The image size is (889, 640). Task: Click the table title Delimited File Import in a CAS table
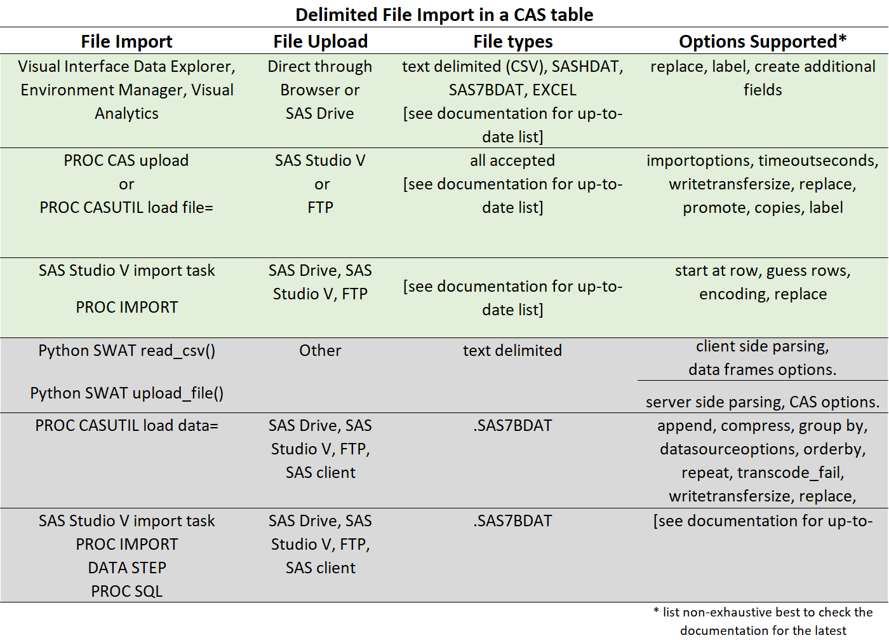click(x=444, y=15)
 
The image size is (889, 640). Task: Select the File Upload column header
click(x=320, y=41)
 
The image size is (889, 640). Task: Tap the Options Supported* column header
click(x=762, y=41)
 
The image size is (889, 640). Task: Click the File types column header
click(x=512, y=41)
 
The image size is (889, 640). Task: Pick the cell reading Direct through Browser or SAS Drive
click(x=320, y=90)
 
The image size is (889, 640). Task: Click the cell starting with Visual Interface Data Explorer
click(x=126, y=90)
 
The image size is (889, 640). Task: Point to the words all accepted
click(x=512, y=160)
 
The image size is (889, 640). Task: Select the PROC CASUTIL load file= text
click(x=126, y=207)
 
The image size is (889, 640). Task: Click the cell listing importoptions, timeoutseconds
click(x=762, y=184)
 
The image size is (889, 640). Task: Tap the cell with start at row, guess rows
click(x=762, y=282)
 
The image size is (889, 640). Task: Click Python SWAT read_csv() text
click(x=126, y=350)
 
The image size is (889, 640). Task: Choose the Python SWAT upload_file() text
click(x=126, y=393)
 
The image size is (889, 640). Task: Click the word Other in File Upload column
click(x=320, y=350)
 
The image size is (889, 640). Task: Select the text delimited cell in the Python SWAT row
click(x=512, y=350)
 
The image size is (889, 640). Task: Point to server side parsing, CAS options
click(x=762, y=402)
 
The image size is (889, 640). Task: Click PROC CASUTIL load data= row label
click(x=126, y=425)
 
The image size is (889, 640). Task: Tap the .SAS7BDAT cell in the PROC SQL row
click(x=512, y=521)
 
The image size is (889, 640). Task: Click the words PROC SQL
click(x=126, y=591)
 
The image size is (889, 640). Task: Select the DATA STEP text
click(x=126, y=568)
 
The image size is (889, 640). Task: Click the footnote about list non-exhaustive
click(x=762, y=621)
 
